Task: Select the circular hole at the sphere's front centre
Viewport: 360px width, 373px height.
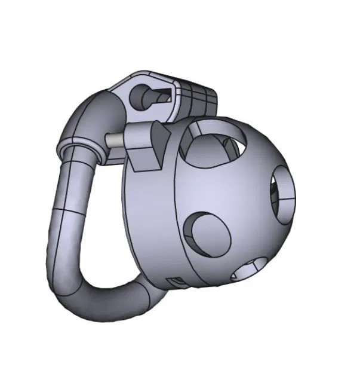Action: point(207,233)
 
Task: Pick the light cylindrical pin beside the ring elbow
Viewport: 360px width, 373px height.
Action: point(115,139)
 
